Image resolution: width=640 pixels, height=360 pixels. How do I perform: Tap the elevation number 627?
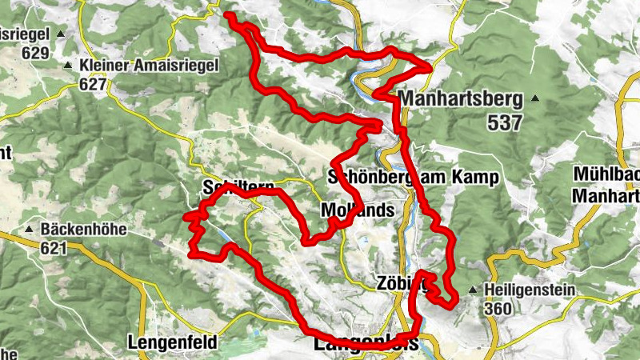point(94,83)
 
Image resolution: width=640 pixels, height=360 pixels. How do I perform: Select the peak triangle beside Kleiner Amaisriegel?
point(69,65)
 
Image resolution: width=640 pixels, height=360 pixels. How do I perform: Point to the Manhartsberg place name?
point(459,99)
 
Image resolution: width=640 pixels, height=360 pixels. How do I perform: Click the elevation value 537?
point(502,122)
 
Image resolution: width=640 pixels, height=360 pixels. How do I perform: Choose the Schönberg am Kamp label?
point(414,177)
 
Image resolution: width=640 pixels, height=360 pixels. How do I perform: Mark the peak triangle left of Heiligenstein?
point(474,290)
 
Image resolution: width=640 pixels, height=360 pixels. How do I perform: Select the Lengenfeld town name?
point(171,342)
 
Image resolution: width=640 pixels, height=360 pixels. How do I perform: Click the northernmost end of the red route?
point(228,15)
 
